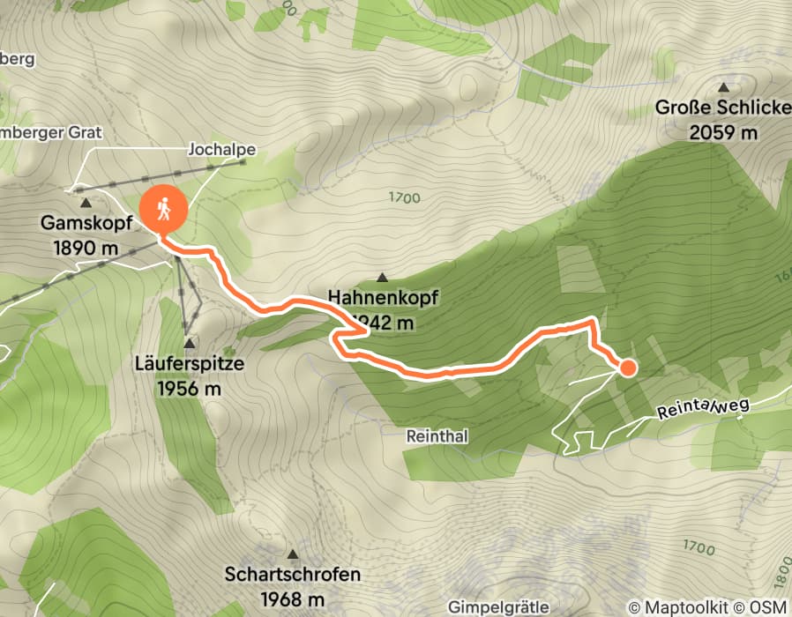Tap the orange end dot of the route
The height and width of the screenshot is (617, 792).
[627, 368]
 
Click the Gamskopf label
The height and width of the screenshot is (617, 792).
[86, 223]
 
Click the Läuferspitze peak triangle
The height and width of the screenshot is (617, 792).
[189, 343]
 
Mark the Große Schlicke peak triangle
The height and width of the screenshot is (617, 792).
[724, 87]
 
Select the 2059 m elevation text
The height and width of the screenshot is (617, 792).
[723, 133]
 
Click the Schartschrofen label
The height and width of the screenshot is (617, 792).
[293, 575]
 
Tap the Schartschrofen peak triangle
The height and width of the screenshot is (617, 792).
[293, 555]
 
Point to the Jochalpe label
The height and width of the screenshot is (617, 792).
[221, 150]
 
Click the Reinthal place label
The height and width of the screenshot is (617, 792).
[437, 436]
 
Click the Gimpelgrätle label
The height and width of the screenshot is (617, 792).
[498, 607]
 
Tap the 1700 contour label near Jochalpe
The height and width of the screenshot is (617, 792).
[404, 198]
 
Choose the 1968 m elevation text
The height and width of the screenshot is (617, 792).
[293, 600]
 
